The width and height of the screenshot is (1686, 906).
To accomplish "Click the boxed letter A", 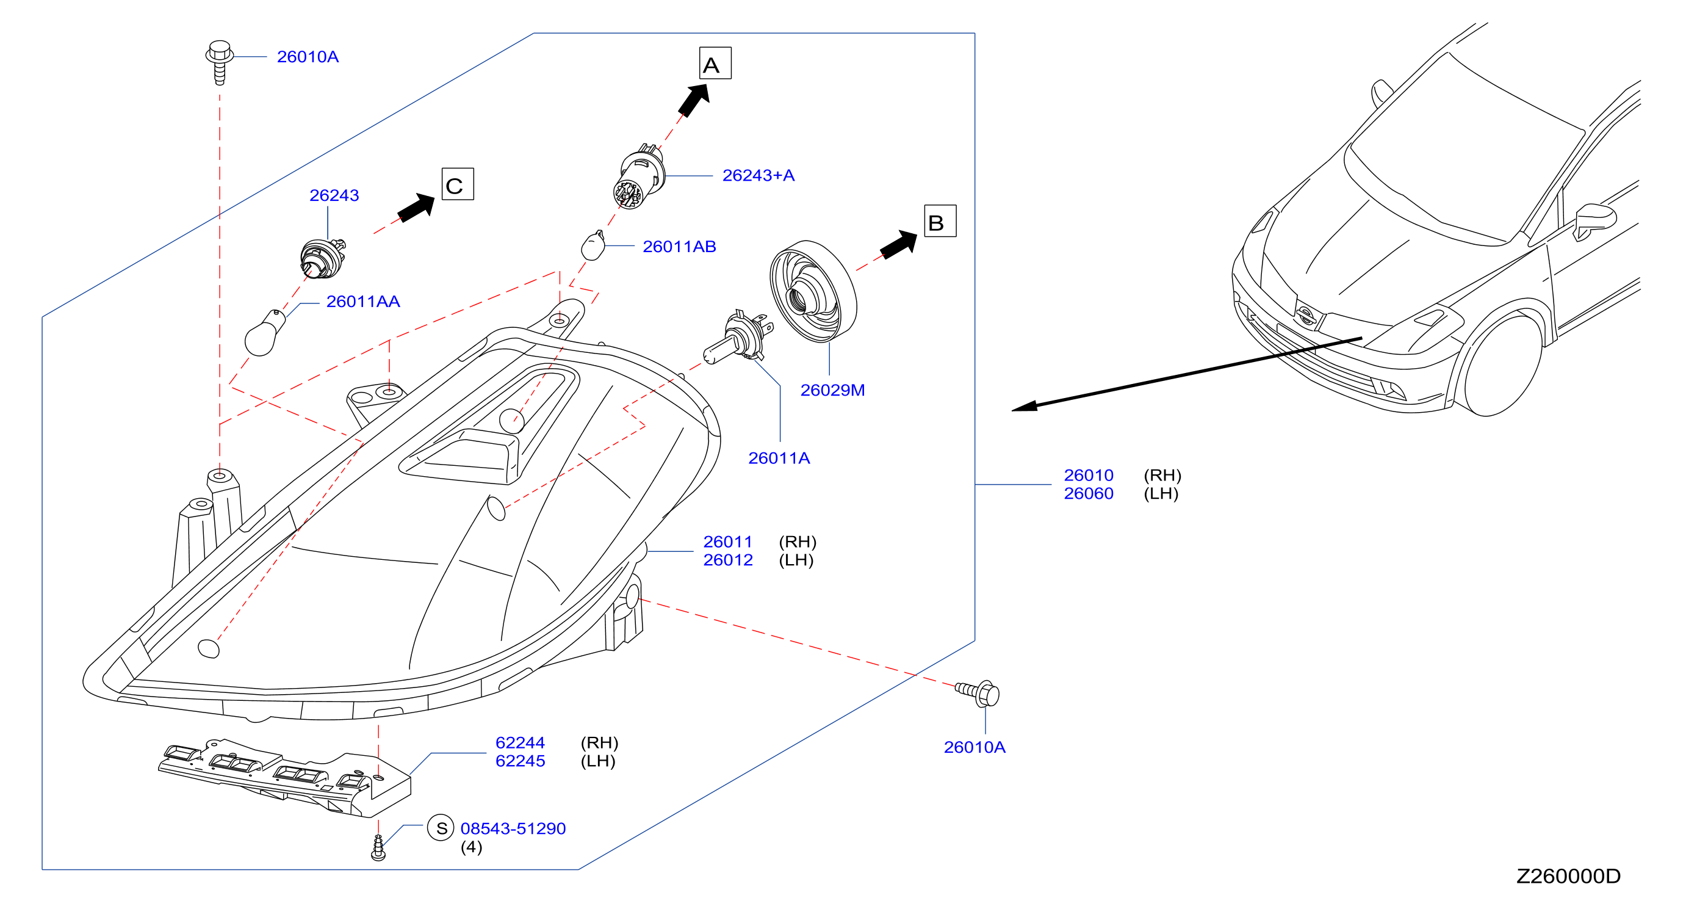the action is [x=715, y=63].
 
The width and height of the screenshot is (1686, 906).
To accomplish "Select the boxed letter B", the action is [x=940, y=221].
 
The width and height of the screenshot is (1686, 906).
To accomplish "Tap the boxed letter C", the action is [x=458, y=184].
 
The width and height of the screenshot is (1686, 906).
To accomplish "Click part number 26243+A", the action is [x=758, y=175].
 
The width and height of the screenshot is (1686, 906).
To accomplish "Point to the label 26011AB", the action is [x=679, y=247].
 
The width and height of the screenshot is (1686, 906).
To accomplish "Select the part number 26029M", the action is [x=832, y=390].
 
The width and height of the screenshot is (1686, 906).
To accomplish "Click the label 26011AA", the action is [x=362, y=302].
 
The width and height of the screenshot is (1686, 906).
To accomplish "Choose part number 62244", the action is [x=520, y=743].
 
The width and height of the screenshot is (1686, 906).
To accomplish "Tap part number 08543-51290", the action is [x=513, y=828].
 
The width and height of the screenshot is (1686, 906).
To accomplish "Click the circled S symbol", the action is [x=441, y=828].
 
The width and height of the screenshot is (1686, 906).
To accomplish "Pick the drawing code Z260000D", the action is [x=1568, y=876].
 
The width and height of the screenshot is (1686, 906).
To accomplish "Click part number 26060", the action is [x=1089, y=493].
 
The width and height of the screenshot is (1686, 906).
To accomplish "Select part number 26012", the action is [x=728, y=560].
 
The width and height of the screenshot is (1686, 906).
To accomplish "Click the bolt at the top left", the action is [x=220, y=62].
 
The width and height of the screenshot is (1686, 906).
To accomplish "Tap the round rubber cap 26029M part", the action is [x=813, y=291].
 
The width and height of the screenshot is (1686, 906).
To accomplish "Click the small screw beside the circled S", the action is [x=378, y=848].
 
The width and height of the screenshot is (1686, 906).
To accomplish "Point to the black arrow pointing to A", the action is [x=694, y=100].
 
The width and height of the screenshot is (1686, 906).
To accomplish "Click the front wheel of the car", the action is [x=1503, y=366].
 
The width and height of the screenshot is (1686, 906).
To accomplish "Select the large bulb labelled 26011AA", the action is [x=264, y=334].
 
